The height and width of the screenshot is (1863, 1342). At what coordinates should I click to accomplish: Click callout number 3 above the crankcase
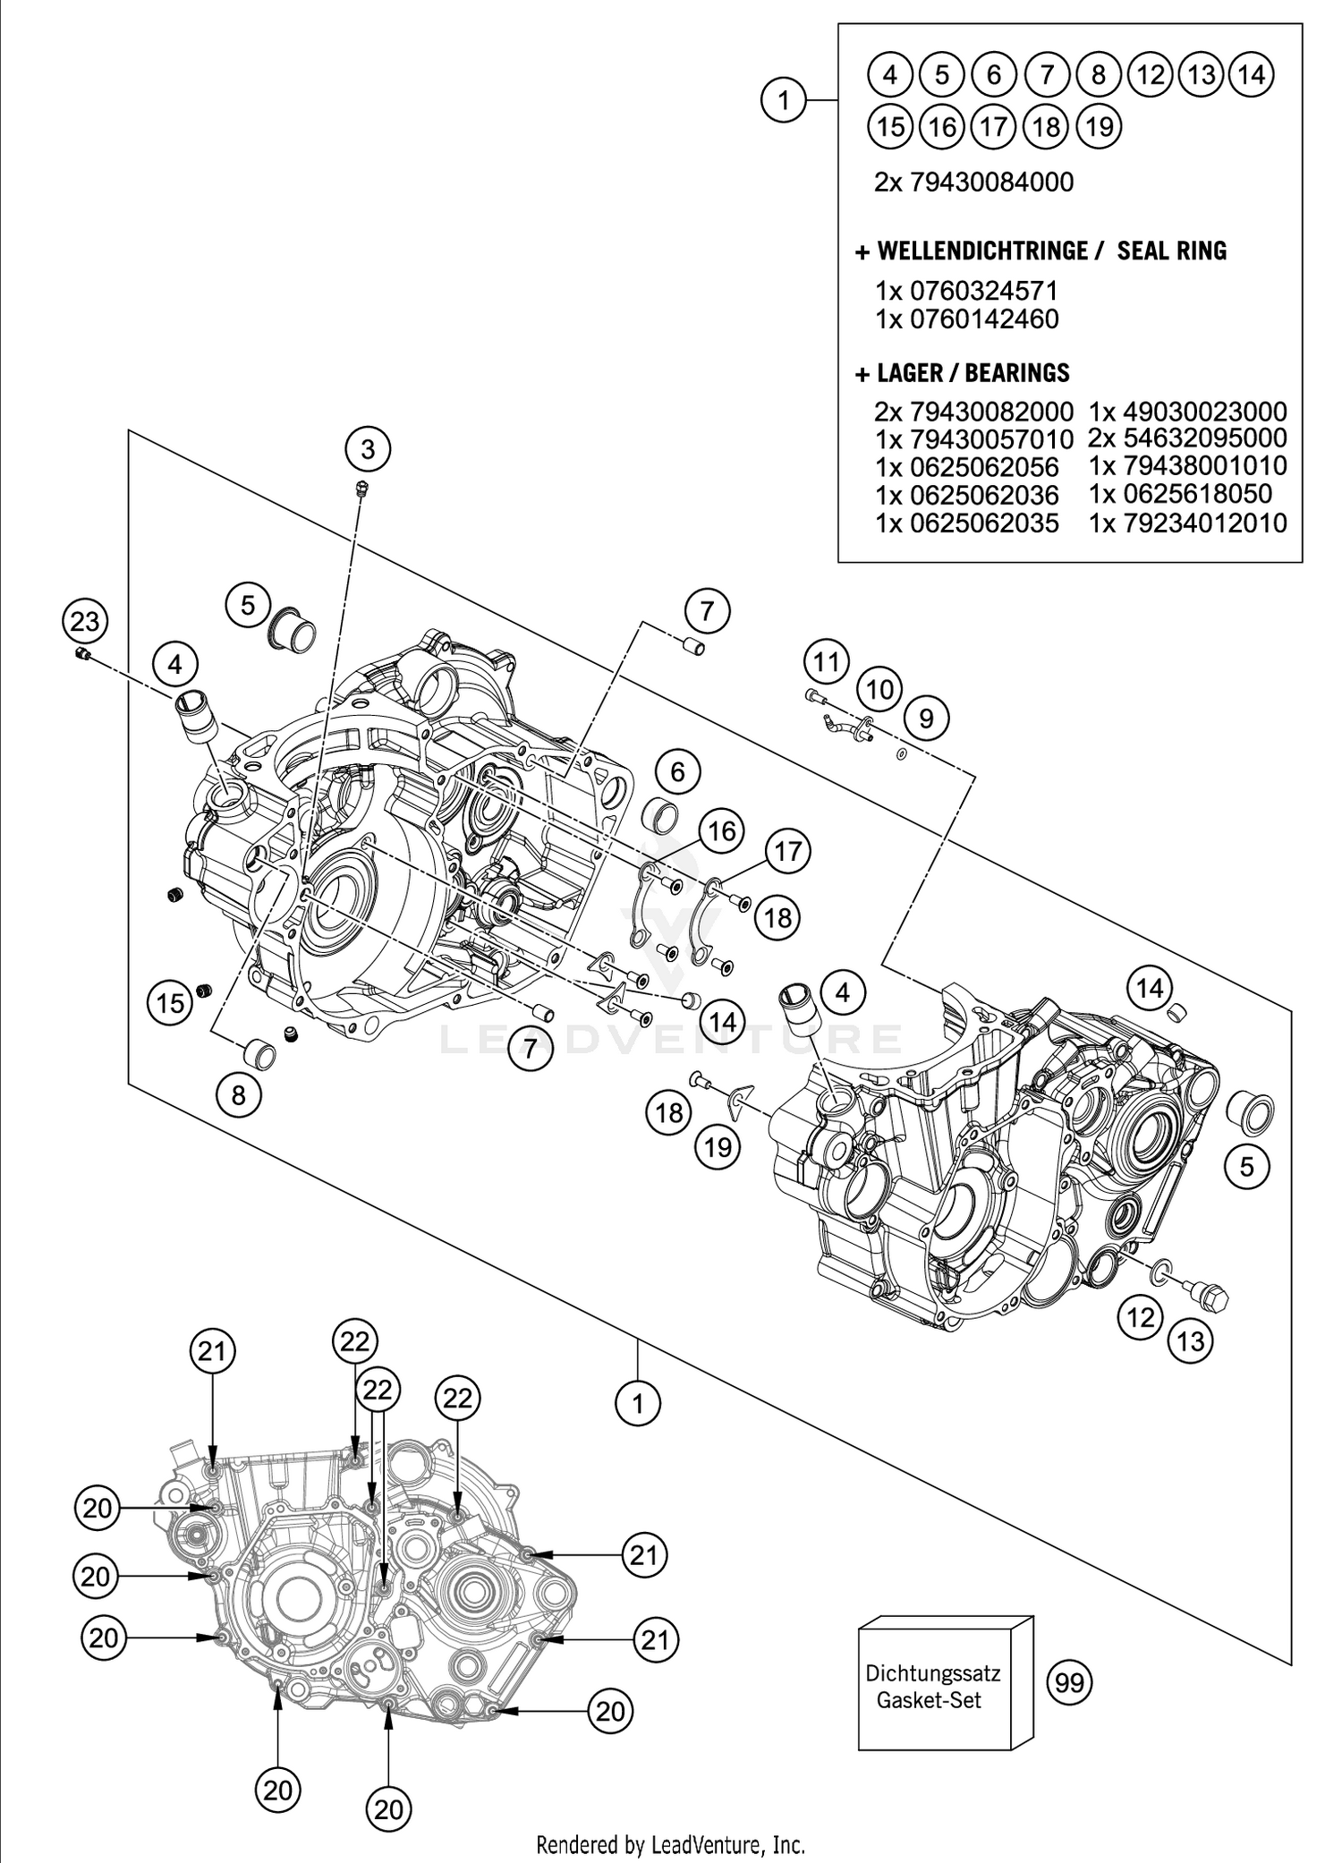[x=369, y=448]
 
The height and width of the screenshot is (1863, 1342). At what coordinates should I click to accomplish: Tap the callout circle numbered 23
[x=85, y=620]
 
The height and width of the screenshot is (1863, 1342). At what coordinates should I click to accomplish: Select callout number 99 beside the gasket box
[x=1069, y=1683]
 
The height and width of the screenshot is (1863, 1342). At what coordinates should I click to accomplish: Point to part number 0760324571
[x=983, y=291]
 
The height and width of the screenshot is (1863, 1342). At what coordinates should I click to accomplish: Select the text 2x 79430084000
[x=973, y=183]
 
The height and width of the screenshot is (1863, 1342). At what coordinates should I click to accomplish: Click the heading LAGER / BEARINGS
[x=973, y=372]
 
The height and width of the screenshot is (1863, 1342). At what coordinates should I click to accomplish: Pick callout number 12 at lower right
[x=1140, y=1316]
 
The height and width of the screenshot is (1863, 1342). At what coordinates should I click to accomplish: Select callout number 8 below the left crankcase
[x=238, y=1094]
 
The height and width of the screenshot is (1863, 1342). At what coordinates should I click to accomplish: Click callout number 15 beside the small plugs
[x=170, y=1002]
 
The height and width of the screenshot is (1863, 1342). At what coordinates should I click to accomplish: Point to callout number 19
[x=718, y=1146]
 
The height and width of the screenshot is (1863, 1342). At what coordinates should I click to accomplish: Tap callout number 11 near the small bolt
[x=826, y=662]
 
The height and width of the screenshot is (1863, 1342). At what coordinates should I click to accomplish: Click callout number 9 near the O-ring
[x=926, y=718]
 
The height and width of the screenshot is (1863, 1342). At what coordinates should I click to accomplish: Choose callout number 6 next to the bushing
[x=677, y=771]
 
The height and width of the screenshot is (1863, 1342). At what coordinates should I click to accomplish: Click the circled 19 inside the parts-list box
[x=1100, y=126]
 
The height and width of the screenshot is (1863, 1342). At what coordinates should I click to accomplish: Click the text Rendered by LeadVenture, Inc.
[x=670, y=1844]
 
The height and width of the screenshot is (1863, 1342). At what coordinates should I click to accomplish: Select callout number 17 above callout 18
[x=787, y=850]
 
